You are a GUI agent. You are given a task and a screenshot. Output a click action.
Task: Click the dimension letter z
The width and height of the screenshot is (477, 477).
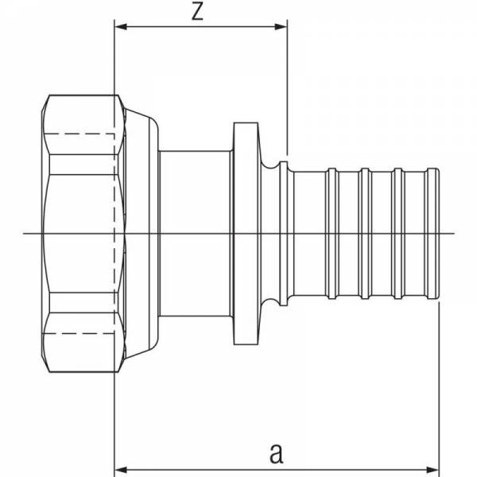click(x=197, y=12)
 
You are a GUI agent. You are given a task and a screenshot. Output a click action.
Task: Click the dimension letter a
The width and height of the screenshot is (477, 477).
click(x=276, y=454)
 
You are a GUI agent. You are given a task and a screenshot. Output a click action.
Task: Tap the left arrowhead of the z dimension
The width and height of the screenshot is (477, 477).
click(x=121, y=27)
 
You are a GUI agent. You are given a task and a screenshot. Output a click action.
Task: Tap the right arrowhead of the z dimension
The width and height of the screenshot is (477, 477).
click(x=281, y=27)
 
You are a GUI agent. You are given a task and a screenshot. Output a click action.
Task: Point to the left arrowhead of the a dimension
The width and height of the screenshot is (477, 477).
click(x=121, y=470)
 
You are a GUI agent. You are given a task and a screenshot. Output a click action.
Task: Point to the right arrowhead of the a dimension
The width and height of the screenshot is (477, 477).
click(x=432, y=470)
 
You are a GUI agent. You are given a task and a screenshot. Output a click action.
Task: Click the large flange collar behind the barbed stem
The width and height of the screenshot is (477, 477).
click(x=246, y=233)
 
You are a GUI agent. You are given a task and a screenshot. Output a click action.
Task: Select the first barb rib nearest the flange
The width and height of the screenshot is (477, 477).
click(x=332, y=233)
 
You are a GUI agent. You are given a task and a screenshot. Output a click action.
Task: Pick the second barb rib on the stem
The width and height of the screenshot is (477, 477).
click(x=365, y=233)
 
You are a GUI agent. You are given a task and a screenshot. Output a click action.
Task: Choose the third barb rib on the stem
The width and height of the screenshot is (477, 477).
click(x=397, y=233)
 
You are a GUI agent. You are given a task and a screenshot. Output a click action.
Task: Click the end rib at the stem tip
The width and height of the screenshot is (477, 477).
click(x=433, y=233)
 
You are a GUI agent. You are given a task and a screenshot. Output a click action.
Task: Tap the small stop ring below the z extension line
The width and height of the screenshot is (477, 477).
click(x=284, y=233)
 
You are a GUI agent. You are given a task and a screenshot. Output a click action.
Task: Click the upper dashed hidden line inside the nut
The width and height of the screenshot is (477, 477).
click(x=79, y=134)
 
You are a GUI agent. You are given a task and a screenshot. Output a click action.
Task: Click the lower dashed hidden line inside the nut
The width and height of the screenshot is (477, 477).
click(x=79, y=333)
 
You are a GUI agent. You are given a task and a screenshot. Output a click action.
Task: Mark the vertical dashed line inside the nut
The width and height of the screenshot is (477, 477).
click(x=114, y=233)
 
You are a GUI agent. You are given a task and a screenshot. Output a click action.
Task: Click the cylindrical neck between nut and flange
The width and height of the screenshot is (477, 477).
click(x=196, y=233)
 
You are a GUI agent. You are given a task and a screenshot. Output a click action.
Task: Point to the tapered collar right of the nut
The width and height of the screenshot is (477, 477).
click(x=142, y=233)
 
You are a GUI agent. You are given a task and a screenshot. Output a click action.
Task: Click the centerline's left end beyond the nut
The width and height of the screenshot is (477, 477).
click(x=23, y=233)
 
